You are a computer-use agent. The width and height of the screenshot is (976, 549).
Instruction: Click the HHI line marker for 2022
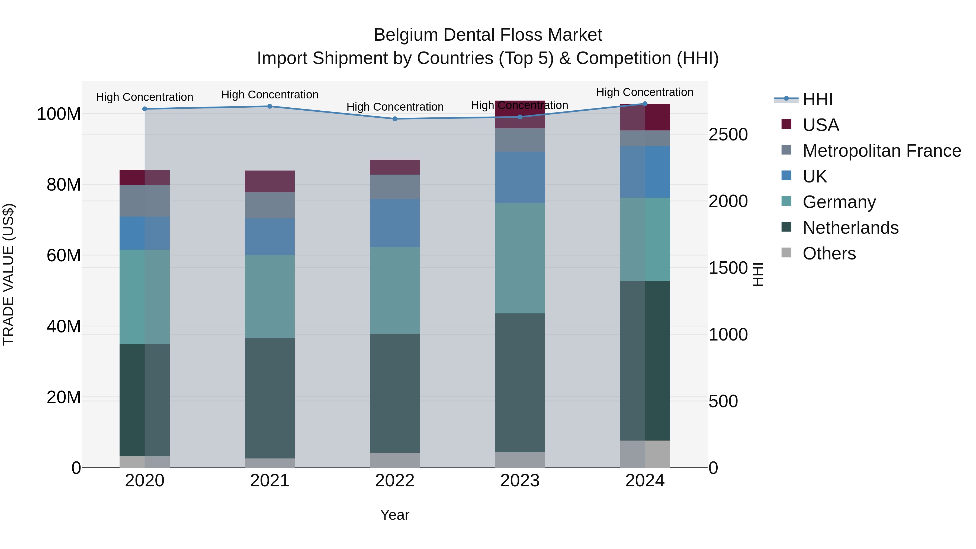coord(395,118)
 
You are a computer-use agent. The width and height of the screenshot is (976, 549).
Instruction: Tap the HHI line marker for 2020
coord(145,109)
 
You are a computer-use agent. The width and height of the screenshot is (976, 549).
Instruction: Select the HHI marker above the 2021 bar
coord(270,106)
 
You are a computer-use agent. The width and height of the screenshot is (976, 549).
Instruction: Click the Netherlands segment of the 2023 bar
coord(520,383)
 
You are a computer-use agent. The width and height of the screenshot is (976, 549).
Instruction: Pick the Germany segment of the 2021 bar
coord(270,296)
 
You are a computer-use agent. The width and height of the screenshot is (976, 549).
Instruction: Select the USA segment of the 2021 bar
coord(270,181)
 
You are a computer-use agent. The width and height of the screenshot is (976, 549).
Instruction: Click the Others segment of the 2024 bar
coord(645,454)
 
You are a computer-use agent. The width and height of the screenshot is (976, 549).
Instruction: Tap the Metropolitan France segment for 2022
coord(395,187)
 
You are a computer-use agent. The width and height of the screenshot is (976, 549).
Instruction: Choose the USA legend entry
coord(821,125)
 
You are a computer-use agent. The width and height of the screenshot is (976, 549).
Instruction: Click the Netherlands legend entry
coord(850,228)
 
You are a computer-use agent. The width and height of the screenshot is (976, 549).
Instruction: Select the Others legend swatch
coord(786,253)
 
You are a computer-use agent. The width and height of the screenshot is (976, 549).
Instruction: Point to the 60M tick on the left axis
coord(64,255)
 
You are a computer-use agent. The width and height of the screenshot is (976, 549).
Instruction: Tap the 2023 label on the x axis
coord(520,481)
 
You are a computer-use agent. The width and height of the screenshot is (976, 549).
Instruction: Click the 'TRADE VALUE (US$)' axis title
coord(8,274)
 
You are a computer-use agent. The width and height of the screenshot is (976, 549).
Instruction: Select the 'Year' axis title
coord(395,515)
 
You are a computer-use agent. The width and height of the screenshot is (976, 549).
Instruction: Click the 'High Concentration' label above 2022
coord(395,107)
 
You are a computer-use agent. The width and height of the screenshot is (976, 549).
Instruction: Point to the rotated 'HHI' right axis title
coord(758,274)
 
